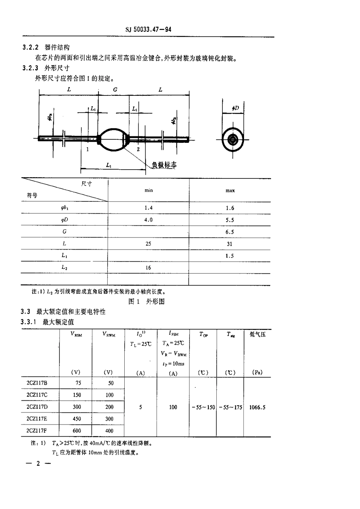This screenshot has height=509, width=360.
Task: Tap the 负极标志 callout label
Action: pyautogui.click(x=164, y=165)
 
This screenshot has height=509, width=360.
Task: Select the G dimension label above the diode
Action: pyautogui.click(x=115, y=90)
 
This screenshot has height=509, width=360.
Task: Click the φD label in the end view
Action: pyautogui.click(x=235, y=109)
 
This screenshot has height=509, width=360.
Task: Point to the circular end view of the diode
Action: pyautogui.click(x=232, y=140)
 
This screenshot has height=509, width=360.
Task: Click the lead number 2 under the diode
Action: pyautogui.click(x=138, y=149)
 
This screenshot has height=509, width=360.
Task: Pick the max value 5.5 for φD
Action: pyautogui.click(x=230, y=220)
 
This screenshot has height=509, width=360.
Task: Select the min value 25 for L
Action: pyautogui.click(x=148, y=244)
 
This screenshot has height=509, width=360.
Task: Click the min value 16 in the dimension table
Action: pyautogui.click(x=148, y=268)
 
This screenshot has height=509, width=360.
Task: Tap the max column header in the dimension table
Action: pyautogui.click(x=230, y=190)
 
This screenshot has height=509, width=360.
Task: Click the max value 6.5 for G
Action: pyautogui.click(x=230, y=232)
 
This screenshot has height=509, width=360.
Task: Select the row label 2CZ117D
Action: pyautogui.click(x=37, y=407)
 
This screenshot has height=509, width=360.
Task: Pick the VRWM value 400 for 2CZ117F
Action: pyautogui.click(x=109, y=431)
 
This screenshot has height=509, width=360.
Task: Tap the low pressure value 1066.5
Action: pyautogui.click(x=257, y=408)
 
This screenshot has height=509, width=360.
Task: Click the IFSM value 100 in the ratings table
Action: pyautogui.click(x=173, y=408)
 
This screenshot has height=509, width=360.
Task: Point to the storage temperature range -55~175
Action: pyautogui.click(x=230, y=408)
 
